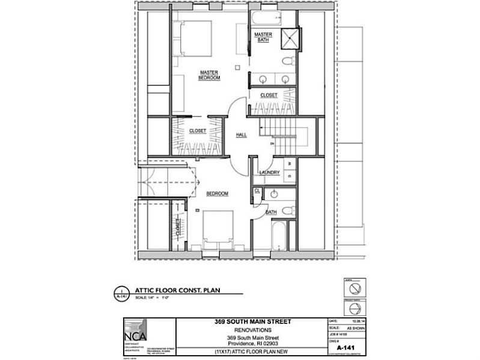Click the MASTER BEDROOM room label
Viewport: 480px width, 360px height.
[209, 75]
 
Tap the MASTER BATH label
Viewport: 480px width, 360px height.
[263, 37]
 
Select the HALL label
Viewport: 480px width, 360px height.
[242, 135]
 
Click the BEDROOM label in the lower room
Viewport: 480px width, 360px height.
[217, 194]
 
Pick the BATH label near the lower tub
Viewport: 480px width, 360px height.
[270, 212]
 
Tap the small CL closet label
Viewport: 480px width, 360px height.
[257, 191]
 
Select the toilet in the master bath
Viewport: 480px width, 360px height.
[288, 61]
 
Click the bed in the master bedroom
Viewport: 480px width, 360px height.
[193, 38]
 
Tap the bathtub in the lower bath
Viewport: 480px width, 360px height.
[279, 237]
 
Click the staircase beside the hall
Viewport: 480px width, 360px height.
[279, 129]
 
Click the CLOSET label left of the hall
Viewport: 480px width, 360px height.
[198, 130]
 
